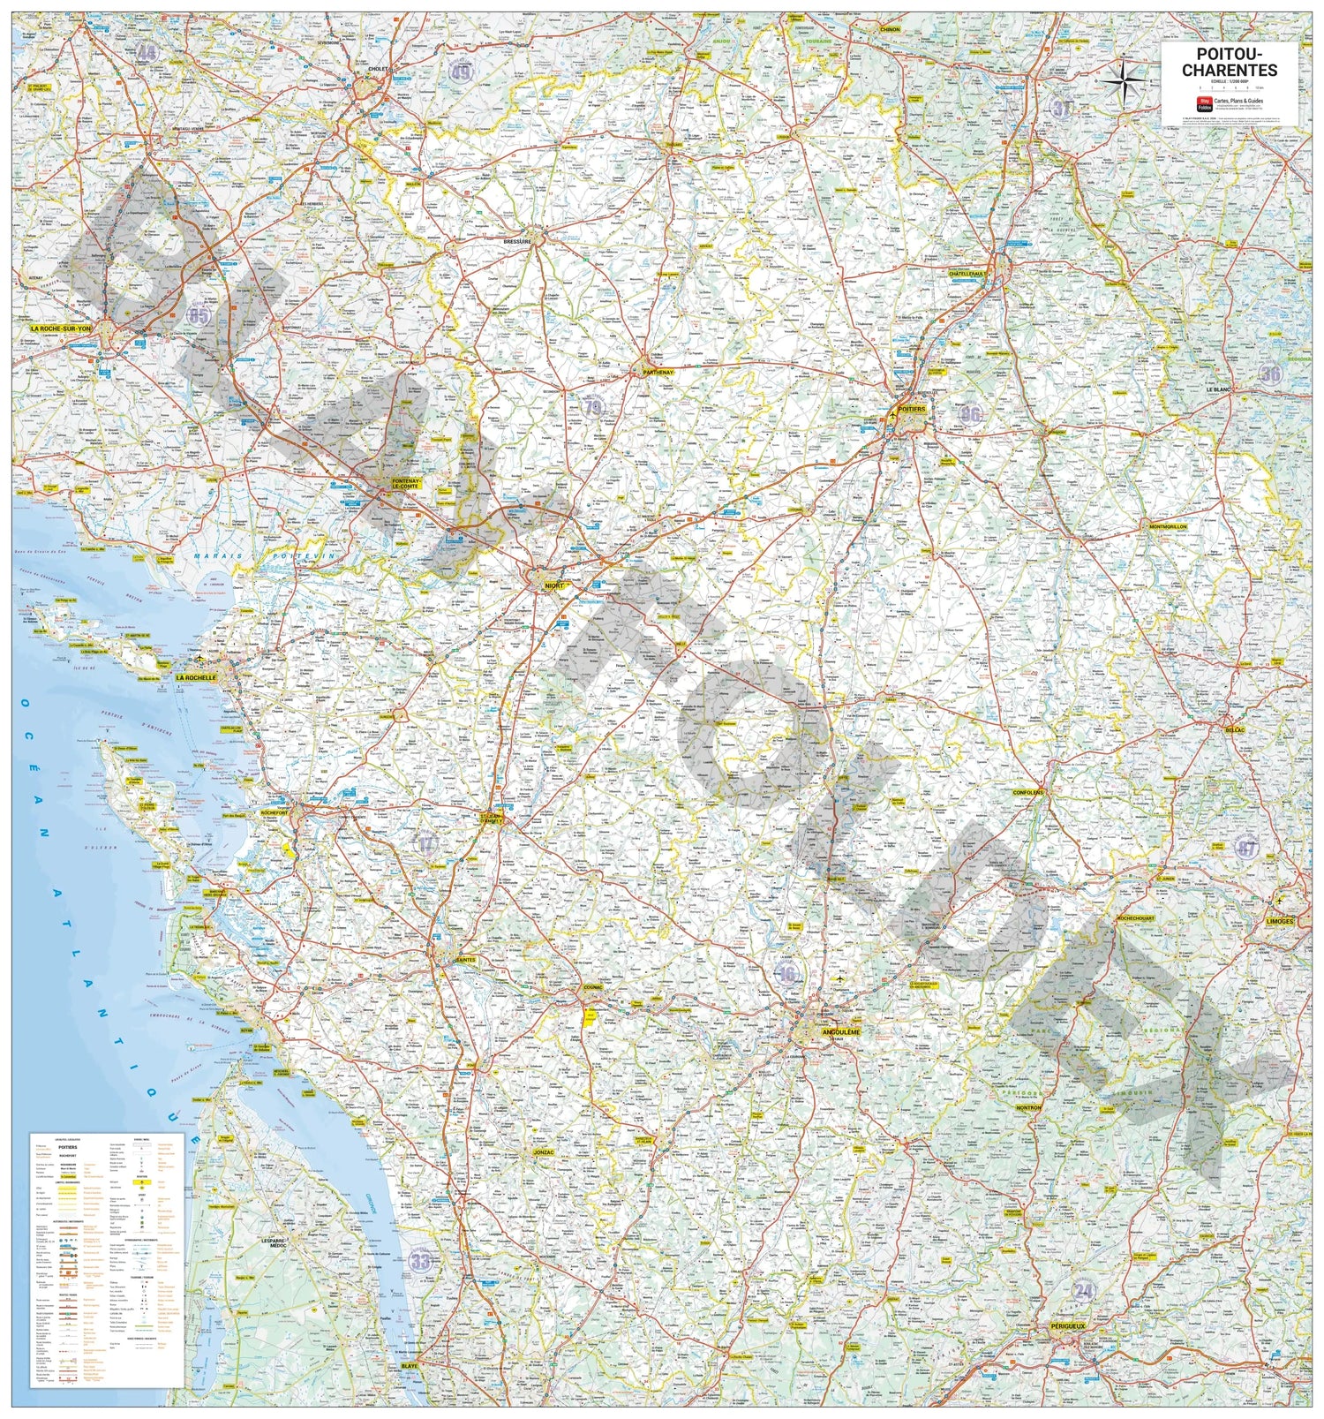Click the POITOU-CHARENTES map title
[1230, 62]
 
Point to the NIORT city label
[554, 585]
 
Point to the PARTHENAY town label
[658, 373]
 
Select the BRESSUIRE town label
[517, 240]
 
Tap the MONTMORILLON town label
[1168, 526]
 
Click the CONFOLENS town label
[1027, 792]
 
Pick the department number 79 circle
[593, 406]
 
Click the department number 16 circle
[786, 974]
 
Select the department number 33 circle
[422, 1259]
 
